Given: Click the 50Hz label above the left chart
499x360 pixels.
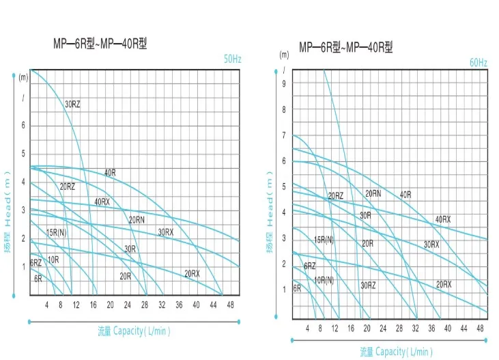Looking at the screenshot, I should coord(233,60).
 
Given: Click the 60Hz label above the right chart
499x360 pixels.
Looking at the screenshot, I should coord(478,63).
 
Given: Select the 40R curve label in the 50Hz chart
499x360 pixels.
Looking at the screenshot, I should coord(110,172).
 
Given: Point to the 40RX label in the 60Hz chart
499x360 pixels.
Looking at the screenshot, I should coord(443,219).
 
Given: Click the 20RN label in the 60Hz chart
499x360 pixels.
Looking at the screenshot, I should coord(373,193).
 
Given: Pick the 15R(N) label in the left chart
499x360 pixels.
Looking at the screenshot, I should coord(56,232).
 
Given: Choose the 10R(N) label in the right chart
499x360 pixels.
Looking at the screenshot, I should coord(324,279).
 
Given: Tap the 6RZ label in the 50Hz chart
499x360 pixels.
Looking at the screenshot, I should coord(35,262).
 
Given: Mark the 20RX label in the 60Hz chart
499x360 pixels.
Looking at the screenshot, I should coord(444,283).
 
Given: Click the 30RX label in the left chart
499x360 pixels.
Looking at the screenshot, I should coord(166,232).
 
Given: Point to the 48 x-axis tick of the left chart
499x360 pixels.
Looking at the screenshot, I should coord(229,304).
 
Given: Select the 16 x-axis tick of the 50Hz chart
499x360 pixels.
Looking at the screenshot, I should coord(94,304).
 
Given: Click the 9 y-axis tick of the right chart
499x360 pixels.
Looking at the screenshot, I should coord(283,83).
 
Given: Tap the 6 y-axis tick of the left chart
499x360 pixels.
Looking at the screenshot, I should coord(23,125).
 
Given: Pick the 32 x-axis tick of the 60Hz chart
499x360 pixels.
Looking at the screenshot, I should coord(416,328).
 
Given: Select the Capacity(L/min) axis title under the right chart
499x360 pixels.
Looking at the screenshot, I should coord(397,351).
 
